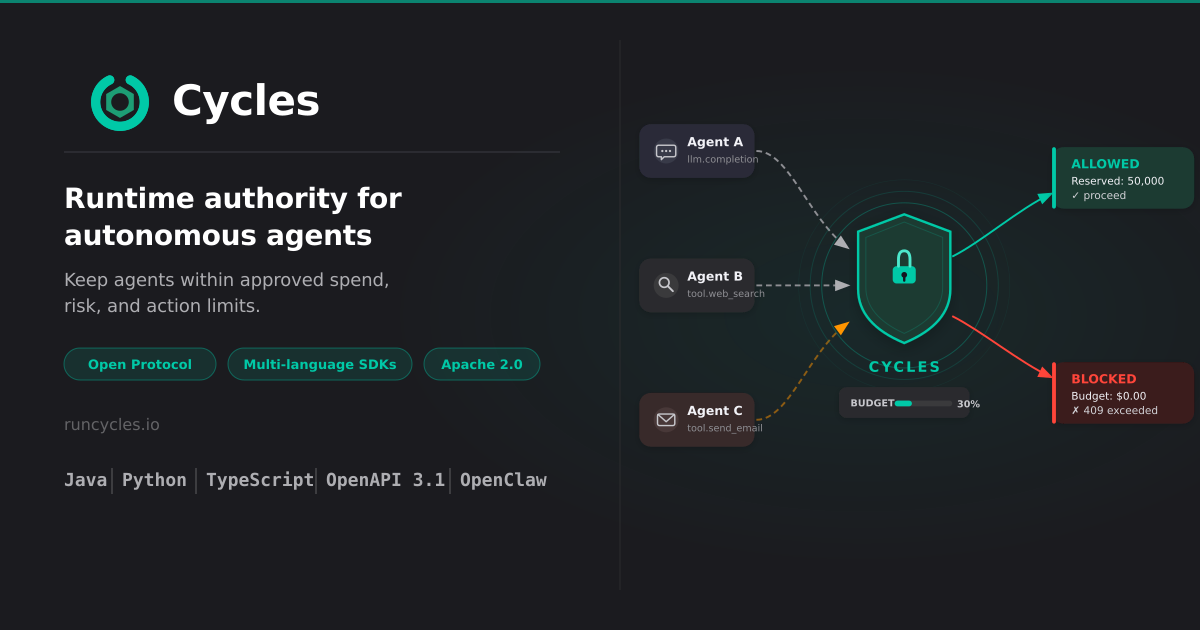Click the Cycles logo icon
pos(120,102)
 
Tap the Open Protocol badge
pos(140,364)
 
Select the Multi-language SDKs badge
pos(320,364)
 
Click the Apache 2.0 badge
pos(482,364)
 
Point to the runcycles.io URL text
pos(112,425)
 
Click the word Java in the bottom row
pos(86,480)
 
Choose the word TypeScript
pos(260,480)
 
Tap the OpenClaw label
pos(503,480)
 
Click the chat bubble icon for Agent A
pos(666,152)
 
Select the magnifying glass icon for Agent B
pos(666,284)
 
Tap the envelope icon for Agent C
pos(666,419)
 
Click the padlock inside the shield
pos(904,267)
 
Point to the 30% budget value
pos(969,404)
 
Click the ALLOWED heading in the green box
pos(1105,164)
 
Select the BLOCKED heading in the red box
pos(1104,379)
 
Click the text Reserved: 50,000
pos(1118,181)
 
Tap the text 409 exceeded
pos(1120,410)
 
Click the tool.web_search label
pos(726,294)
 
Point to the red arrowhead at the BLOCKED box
pos(1045,371)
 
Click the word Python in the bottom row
pos(154,480)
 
